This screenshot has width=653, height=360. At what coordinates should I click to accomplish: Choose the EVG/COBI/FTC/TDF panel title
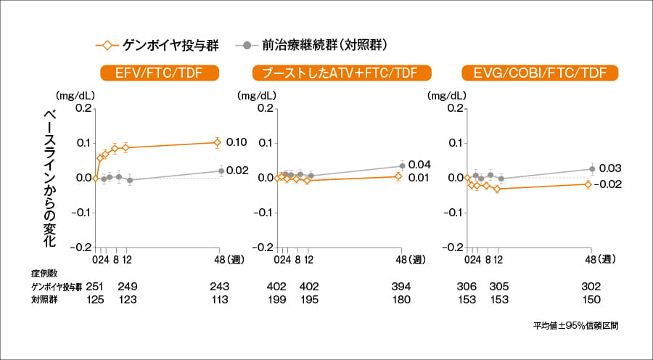[540, 73]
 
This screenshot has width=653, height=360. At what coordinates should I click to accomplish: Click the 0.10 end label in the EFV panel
[237, 142]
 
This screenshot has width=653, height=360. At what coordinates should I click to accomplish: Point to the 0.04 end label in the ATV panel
[419, 165]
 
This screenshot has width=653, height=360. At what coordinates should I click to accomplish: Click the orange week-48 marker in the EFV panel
[217, 143]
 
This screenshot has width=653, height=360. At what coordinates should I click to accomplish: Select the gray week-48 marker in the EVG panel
[592, 169]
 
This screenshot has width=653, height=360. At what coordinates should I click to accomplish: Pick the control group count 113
[218, 299]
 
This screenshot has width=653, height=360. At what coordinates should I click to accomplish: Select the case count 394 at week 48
[401, 287]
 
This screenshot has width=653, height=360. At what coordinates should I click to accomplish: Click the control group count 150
[591, 299]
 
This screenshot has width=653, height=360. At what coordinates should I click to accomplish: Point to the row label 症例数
[43, 274]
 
